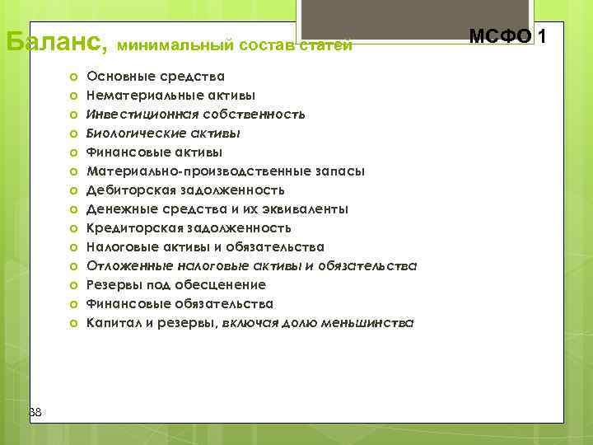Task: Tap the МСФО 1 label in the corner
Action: (507, 36)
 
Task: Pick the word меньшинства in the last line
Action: (368, 323)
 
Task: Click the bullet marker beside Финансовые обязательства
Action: (73, 304)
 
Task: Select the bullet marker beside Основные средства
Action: (73, 77)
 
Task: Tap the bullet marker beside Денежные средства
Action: (73, 209)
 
